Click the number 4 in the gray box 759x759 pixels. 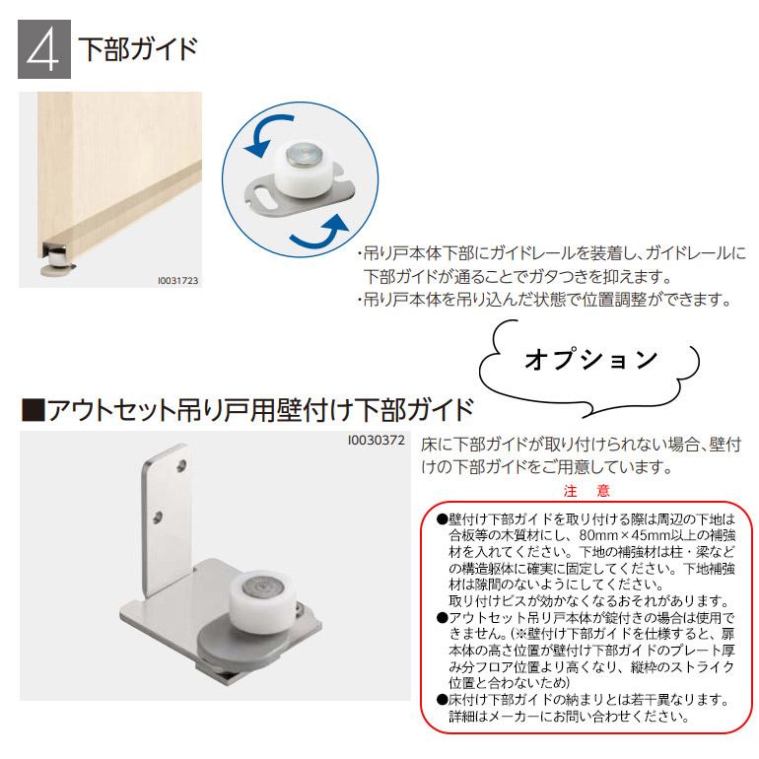[43, 49]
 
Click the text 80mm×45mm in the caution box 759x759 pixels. [597, 533]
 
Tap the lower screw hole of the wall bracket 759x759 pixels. [159, 515]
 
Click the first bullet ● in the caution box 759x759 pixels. [441, 517]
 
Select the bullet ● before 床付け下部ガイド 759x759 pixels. [441, 701]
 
